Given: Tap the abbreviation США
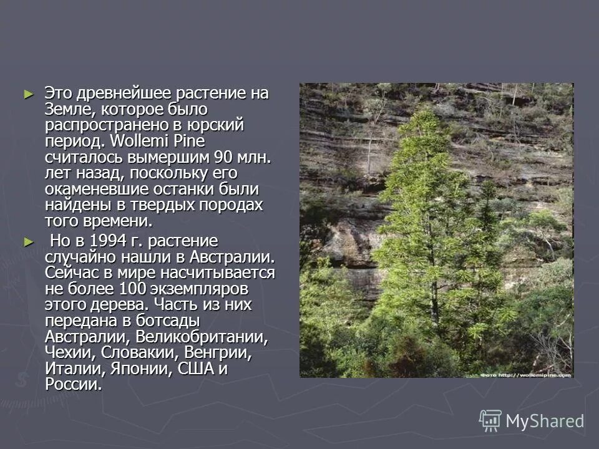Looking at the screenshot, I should pyautogui.click(x=196, y=369).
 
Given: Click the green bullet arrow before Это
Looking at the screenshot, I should pyautogui.click(x=27, y=94).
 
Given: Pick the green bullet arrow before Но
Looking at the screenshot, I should pyautogui.click(x=27, y=241).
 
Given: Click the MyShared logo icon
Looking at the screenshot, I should pyautogui.click(x=490, y=420).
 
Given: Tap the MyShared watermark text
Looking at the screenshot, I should pyautogui.click(x=545, y=421).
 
